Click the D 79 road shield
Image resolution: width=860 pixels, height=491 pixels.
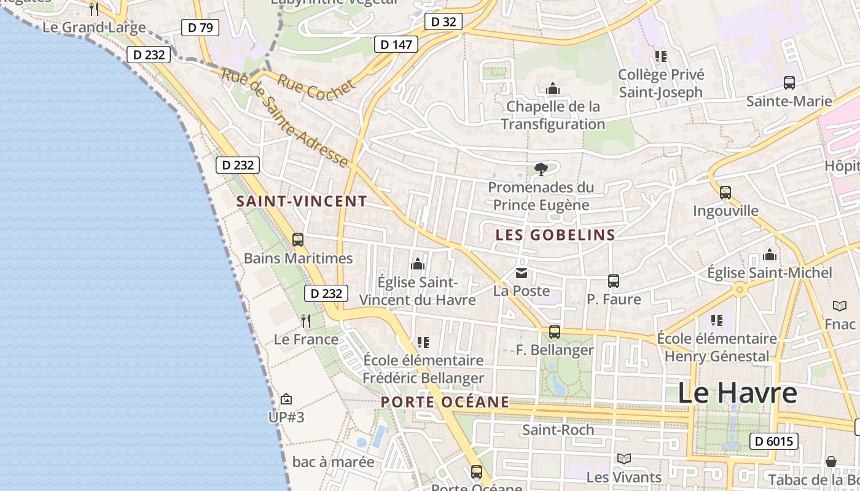(x=200, y=28)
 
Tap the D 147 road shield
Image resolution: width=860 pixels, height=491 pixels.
(x=396, y=44)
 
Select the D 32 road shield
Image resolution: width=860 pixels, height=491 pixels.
(x=443, y=22)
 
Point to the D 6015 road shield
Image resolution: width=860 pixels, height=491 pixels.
(x=773, y=441)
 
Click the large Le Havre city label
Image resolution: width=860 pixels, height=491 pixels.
(x=737, y=393)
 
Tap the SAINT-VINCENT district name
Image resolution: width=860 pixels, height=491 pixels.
(x=302, y=201)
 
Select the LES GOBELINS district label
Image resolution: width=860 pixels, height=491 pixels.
(x=555, y=235)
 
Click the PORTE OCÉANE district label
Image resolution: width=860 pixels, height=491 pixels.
(x=445, y=403)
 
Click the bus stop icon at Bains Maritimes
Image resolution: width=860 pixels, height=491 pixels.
(x=298, y=240)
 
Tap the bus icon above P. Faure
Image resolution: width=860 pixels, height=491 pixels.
(x=613, y=281)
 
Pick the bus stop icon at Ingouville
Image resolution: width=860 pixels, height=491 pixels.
(x=725, y=193)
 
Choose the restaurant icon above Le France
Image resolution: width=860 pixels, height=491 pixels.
(x=306, y=320)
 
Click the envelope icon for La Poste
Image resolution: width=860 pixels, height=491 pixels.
(x=522, y=273)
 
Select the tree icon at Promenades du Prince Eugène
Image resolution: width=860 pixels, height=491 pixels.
(x=541, y=169)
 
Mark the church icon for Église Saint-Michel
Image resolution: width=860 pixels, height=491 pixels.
(x=770, y=255)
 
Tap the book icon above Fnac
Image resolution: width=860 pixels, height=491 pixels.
(x=840, y=306)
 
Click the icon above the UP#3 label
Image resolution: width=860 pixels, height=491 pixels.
(x=286, y=400)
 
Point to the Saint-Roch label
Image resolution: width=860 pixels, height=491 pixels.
(x=558, y=430)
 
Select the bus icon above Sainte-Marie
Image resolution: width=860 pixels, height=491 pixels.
(x=789, y=83)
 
